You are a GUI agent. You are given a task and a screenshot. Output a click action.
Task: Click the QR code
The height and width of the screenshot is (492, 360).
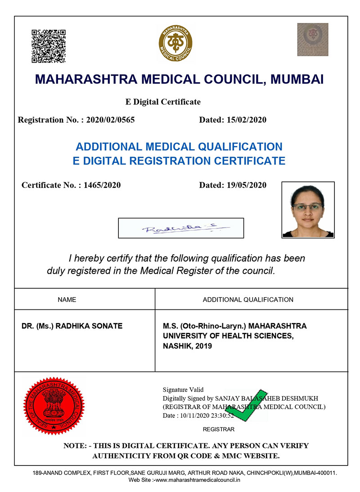coord(49,46)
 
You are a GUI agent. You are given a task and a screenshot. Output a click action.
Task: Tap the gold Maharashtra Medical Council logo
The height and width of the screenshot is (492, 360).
coord(175,44)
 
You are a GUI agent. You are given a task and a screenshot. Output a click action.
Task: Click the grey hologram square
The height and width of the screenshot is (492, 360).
coord(312,40)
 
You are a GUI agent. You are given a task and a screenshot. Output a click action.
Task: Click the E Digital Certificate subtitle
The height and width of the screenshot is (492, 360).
coord(163,102)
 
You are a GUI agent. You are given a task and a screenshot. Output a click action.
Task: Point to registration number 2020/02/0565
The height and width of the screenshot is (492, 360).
coord(110,120)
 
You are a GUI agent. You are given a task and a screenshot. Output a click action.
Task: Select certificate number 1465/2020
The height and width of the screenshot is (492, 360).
coord(102,185)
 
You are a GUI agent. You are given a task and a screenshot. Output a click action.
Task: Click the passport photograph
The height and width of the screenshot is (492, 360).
coord(308,209)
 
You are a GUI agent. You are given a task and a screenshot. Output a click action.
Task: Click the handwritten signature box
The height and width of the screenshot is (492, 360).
coord(180,228)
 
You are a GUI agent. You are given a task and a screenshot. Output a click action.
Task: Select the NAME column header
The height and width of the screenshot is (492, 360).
coord(67,300)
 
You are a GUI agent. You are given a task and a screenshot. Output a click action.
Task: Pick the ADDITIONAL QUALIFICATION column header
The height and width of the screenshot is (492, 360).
coord(248,300)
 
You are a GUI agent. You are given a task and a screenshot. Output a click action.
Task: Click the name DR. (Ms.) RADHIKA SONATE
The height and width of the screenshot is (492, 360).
coord(72,326)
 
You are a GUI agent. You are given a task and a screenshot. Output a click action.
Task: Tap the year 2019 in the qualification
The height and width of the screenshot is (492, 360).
coord(203,346)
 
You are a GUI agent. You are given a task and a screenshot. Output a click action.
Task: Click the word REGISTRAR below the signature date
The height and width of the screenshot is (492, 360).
coord(219,429)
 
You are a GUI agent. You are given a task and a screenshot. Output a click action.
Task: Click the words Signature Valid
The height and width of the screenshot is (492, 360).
coord(183,390)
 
